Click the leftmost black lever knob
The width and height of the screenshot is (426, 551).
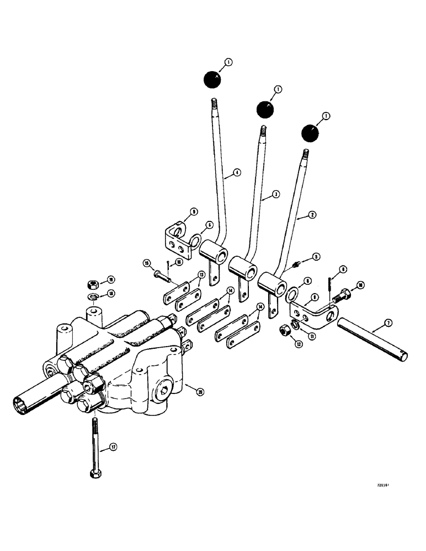[211, 81]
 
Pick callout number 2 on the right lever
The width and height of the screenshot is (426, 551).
[313, 215]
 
